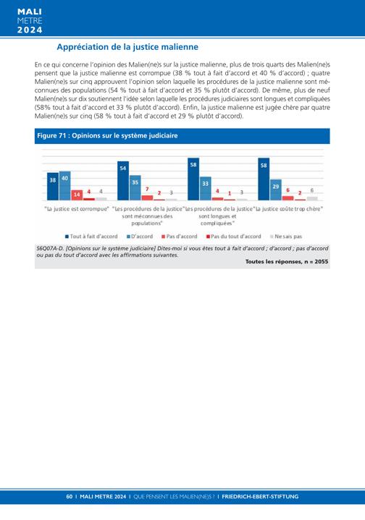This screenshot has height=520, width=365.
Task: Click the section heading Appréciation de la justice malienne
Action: (x=127, y=47)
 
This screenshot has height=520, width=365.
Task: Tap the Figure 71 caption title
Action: (x=107, y=136)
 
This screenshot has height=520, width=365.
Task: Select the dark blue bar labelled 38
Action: (x=53, y=187)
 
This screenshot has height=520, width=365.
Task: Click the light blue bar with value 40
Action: (x=64, y=186)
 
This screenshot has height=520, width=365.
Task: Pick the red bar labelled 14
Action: (x=77, y=195)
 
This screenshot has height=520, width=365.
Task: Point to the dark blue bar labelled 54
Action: (x=123, y=181)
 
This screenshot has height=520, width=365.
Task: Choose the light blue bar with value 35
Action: (x=135, y=188)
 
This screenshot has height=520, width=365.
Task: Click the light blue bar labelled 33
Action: (x=205, y=188)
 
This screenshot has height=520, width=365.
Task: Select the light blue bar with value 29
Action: (x=276, y=189)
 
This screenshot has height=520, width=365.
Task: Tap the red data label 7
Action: (x=147, y=189)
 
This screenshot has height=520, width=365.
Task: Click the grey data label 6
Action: (x=312, y=190)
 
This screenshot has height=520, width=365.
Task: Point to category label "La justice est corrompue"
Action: (x=77, y=209)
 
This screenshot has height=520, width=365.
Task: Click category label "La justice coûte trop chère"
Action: (x=289, y=209)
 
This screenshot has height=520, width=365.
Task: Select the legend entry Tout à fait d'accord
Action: (x=91, y=236)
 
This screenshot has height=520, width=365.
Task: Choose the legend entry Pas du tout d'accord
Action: (x=233, y=236)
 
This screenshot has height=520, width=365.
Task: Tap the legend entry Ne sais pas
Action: (x=286, y=236)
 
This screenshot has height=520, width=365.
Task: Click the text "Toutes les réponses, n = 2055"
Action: (x=287, y=262)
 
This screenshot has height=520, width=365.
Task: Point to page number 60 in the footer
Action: (x=69, y=496)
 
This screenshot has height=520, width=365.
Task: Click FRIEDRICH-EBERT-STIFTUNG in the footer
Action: (x=260, y=496)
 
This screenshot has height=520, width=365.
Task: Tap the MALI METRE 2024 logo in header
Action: (x=30, y=21)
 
